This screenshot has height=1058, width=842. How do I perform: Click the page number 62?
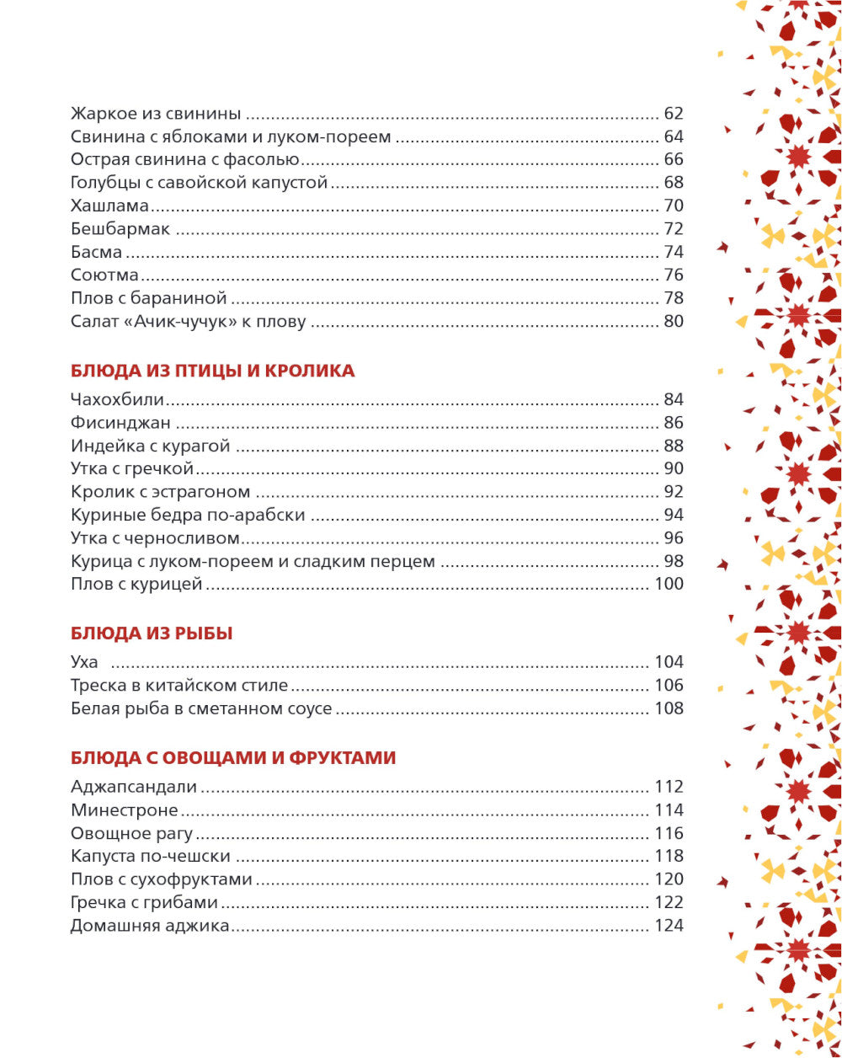pyautogui.click(x=673, y=114)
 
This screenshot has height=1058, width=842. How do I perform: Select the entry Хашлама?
pyautogui.click(x=99, y=206)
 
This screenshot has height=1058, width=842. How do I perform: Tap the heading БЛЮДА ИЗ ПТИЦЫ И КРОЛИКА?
pyautogui.click(x=213, y=371)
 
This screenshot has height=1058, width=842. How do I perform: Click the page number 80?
pyautogui.click(x=673, y=321)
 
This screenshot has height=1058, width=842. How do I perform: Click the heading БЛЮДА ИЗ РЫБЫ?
pyautogui.click(x=152, y=633)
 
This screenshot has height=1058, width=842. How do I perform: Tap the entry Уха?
pyautogui.click(x=84, y=662)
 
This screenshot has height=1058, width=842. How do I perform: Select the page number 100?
pyautogui.click(x=669, y=584)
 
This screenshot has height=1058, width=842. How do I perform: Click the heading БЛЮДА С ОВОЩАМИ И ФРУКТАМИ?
pyautogui.click(x=233, y=758)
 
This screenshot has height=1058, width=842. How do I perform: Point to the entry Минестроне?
pyautogui.click(x=125, y=810)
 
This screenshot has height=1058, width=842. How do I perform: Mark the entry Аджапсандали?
pyautogui.click(x=134, y=788)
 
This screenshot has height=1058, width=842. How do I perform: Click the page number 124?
pyautogui.click(x=669, y=926)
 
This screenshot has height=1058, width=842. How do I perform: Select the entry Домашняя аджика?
pyautogui.click(x=150, y=926)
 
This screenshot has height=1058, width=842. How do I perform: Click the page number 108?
pyautogui.click(x=669, y=708)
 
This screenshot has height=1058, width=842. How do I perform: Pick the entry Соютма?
pyautogui.click(x=105, y=275)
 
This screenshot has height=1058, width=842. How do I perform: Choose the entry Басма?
pyautogui.click(x=97, y=252)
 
